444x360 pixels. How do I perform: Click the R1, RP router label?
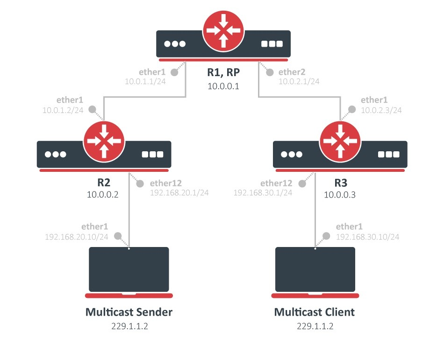click(x=223, y=72)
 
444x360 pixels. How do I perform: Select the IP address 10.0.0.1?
click(x=223, y=86)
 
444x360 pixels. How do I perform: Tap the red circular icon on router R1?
click(x=223, y=31)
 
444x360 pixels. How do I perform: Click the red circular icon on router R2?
click(x=104, y=141)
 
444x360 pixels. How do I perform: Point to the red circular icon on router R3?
click(x=340, y=141)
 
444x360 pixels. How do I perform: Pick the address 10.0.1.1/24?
click(x=145, y=81)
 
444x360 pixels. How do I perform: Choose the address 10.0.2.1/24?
click(x=299, y=81)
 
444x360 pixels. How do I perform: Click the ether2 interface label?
click(x=292, y=72)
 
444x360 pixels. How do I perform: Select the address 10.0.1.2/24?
click(x=63, y=110)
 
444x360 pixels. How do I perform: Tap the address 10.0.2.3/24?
click(x=381, y=110)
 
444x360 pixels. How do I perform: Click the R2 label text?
click(x=104, y=183)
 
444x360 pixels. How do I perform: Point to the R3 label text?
click(x=341, y=183)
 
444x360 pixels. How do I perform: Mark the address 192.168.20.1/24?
click(x=179, y=192)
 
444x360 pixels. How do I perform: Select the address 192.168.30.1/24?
click(x=263, y=192)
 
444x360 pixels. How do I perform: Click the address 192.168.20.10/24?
click(x=77, y=237)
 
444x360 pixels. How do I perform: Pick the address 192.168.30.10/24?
click(x=367, y=237)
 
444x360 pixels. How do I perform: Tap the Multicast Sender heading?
click(x=129, y=312)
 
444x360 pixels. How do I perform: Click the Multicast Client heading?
click(x=315, y=312)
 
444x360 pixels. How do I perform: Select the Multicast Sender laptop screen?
click(x=129, y=269)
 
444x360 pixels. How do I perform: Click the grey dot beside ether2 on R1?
click(x=270, y=72)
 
